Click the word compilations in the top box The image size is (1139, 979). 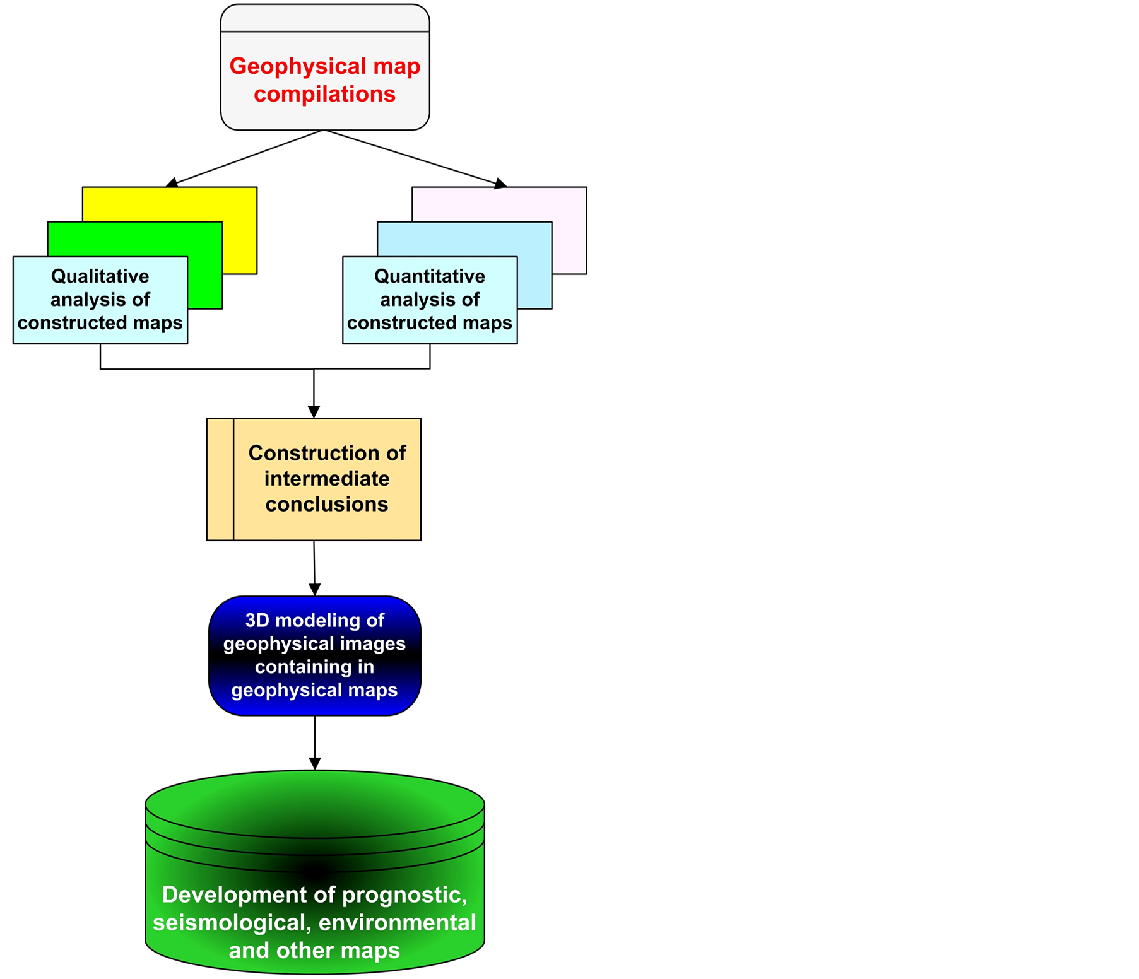324,95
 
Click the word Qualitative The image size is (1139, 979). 100,276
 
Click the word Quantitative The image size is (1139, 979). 429,276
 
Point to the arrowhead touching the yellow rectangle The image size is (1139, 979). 172,183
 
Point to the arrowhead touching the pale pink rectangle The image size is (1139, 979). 500,184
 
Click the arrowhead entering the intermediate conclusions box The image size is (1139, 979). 314,412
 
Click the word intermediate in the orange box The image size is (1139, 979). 326,479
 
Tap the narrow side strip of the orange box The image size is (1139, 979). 220,479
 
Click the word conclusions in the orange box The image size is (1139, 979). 326,505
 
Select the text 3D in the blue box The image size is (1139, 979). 257,621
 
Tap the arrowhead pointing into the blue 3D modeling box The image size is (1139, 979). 314,590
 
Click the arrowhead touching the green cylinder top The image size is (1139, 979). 314,764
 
